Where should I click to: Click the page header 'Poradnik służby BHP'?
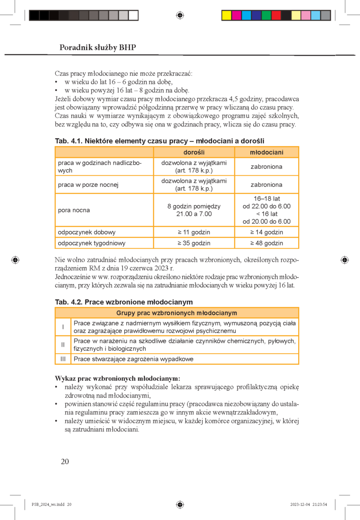[x=98, y=47]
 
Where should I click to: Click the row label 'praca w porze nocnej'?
[x=88, y=185]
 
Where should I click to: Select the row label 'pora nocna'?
[x=74, y=210]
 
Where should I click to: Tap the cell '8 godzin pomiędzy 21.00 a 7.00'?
[x=194, y=210]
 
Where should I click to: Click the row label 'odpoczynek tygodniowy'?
[x=91, y=243]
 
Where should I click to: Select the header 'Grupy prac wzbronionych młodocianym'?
[x=176, y=313]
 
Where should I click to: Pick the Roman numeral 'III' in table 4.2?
[x=62, y=359]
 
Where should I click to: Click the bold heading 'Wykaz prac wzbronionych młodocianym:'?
[x=118, y=378]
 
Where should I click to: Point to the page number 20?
[x=65, y=461]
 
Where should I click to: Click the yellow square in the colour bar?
[x=226, y=15]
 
